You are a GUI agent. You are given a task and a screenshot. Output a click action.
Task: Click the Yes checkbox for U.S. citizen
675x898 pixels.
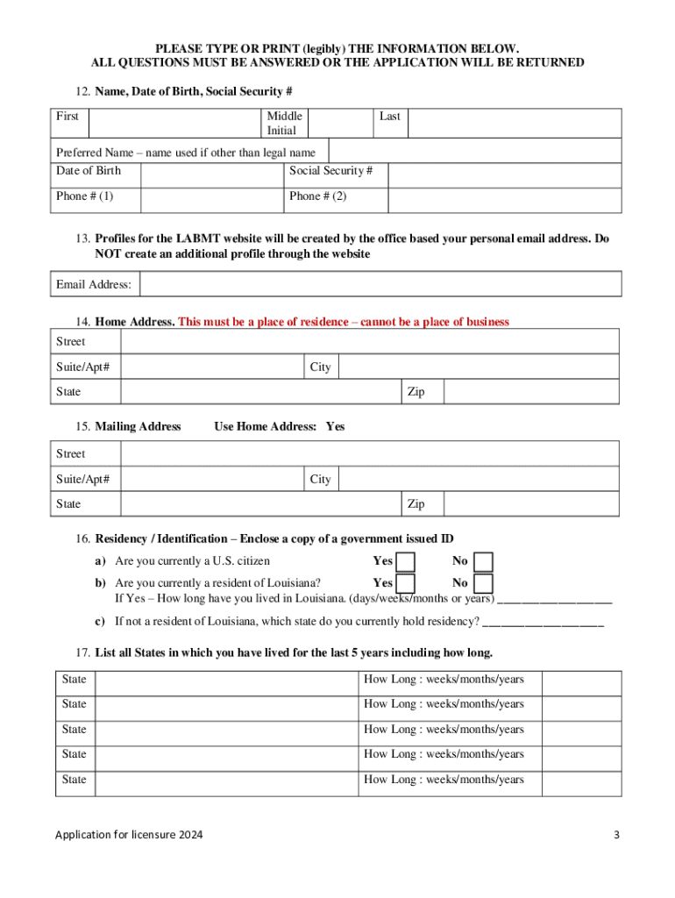pyautogui.click(x=405, y=561)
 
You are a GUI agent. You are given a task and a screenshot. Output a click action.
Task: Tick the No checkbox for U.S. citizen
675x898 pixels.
pyautogui.click(x=484, y=561)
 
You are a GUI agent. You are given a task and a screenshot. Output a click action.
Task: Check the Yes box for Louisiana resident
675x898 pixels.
pyautogui.click(x=405, y=583)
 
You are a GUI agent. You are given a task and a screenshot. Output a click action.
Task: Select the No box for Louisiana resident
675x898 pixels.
pyautogui.click(x=484, y=583)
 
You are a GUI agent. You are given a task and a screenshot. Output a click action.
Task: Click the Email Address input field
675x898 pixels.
pyautogui.click(x=380, y=284)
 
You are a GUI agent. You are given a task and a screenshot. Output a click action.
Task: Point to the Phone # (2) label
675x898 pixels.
pyautogui.click(x=318, y=196)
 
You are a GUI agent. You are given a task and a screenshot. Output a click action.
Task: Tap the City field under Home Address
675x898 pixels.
pyautogui.click(x=479, y=367)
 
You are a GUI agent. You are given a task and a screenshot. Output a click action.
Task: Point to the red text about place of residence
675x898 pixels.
pyautogui.click(x=344, y=322)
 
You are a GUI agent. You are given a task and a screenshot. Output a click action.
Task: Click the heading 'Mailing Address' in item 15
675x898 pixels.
pyautogui.click(x=138, y=426)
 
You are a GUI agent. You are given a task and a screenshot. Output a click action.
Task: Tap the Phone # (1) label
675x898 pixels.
pyautogui.click(x=84, y=196)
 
